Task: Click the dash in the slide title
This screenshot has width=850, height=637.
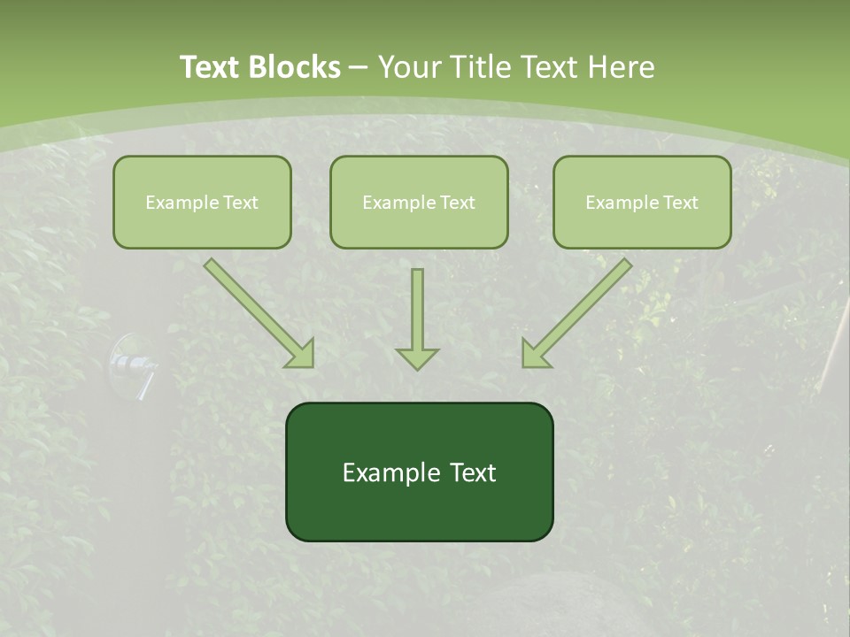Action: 359,68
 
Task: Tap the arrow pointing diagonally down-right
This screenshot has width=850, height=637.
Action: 259,312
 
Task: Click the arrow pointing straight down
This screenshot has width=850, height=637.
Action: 417,318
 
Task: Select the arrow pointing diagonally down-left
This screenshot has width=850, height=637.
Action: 577,312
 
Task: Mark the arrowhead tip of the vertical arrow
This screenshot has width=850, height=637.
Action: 417,369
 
